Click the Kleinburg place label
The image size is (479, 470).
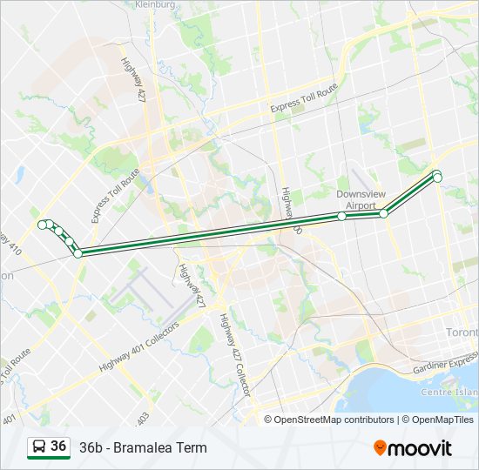pos(157,5)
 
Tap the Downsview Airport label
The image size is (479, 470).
pos(356,199)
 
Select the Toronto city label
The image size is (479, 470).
pos(462,333)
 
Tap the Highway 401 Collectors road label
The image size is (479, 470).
pos(139,347)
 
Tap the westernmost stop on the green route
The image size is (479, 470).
pos(42,225)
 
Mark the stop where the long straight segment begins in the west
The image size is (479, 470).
pos(78,253)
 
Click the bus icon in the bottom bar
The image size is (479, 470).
pos(38,447)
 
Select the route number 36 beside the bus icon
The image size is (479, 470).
pos(58,446)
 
